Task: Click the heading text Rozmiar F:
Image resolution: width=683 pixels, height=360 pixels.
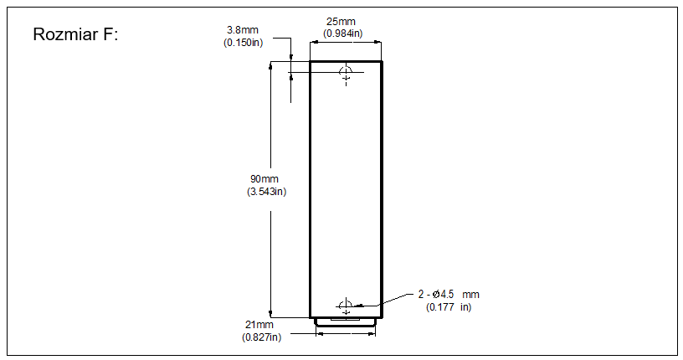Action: coord(75,34)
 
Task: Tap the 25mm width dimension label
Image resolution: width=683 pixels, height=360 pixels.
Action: coord(341,22)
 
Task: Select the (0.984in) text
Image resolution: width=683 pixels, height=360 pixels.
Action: coord(343,33)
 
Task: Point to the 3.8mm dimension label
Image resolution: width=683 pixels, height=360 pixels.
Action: coord(243,30)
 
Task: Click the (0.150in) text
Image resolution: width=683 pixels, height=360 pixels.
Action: coord(244,43)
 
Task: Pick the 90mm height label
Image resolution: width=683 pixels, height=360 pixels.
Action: coord(264,178)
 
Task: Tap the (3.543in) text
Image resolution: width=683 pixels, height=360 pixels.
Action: coord(266,192)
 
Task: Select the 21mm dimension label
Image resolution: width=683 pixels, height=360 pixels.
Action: coord(259,325)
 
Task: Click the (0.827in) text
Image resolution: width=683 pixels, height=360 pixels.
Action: coord(262,337)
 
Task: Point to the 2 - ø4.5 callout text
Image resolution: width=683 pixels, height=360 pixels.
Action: coord(436,295)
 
